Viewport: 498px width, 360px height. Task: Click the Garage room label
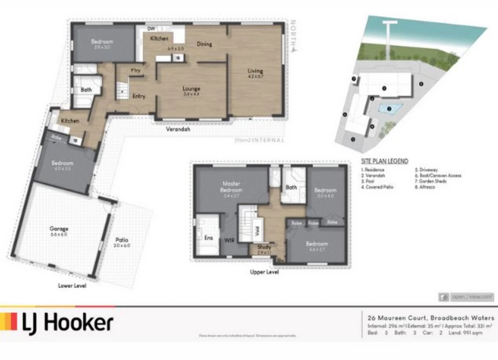pos(59,229)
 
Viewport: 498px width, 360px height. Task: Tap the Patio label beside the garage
pos(122,240)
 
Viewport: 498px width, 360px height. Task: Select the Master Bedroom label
pos(232,186)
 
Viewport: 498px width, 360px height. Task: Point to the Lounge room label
pos(191,88)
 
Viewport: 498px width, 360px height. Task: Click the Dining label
pos(204,44)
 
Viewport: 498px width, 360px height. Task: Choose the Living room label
pos(255,71)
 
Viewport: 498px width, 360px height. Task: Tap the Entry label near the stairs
pos(139,96)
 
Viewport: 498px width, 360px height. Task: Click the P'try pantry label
pos(135,70)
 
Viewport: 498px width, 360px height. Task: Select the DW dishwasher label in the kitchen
pos(151,29)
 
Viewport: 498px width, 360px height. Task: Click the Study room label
pos(264,247)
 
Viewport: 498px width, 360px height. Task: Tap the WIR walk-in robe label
pos(229,240)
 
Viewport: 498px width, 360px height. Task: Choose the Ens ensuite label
pos(209,238)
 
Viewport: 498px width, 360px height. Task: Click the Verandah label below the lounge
pos(178,130)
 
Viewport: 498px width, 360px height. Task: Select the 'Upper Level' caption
pos(264,272)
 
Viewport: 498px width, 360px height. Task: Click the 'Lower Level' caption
pos(72,286)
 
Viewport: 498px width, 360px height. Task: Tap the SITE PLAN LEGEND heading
pos(384,161)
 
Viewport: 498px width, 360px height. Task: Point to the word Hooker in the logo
pos(78,323)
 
